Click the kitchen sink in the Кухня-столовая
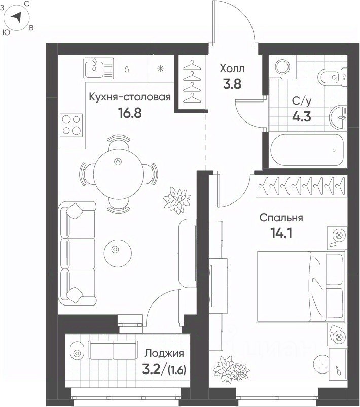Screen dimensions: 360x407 point(98,69)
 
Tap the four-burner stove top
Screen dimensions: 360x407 point(71,125)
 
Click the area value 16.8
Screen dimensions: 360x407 point(130,112)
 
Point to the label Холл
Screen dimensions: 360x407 point(232,69)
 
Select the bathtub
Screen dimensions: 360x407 point(307,150)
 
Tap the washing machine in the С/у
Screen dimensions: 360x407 point(282,67)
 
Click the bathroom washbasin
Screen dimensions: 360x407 point(338,117)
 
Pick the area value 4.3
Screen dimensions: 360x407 point(302,117)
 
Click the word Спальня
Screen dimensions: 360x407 point(281,218)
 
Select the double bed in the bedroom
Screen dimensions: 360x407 point(301,287)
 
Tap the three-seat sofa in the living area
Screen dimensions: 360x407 point(77,254)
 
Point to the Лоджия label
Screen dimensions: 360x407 point(164,353)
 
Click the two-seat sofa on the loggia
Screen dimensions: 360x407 point(113,350)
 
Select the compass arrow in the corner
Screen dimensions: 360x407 point(17,17)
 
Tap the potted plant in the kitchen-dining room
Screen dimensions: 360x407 point(177,200)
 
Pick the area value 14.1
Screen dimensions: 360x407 point(281,233)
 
